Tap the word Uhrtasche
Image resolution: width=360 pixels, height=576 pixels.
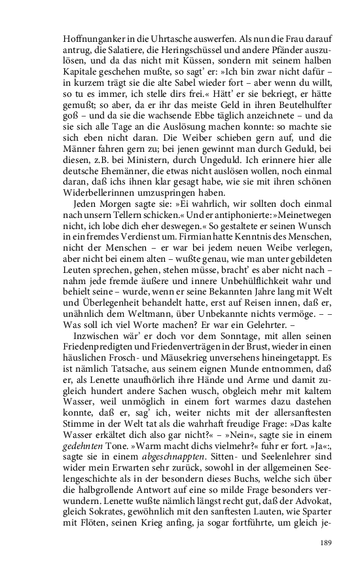click(x=171, y=38)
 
